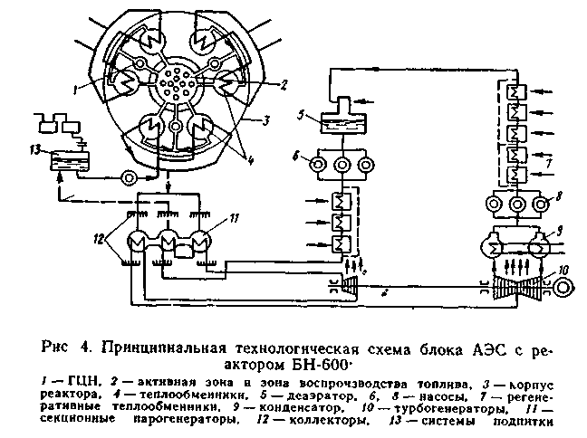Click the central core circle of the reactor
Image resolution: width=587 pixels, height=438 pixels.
175,88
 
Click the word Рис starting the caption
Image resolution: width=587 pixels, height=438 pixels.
56,344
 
